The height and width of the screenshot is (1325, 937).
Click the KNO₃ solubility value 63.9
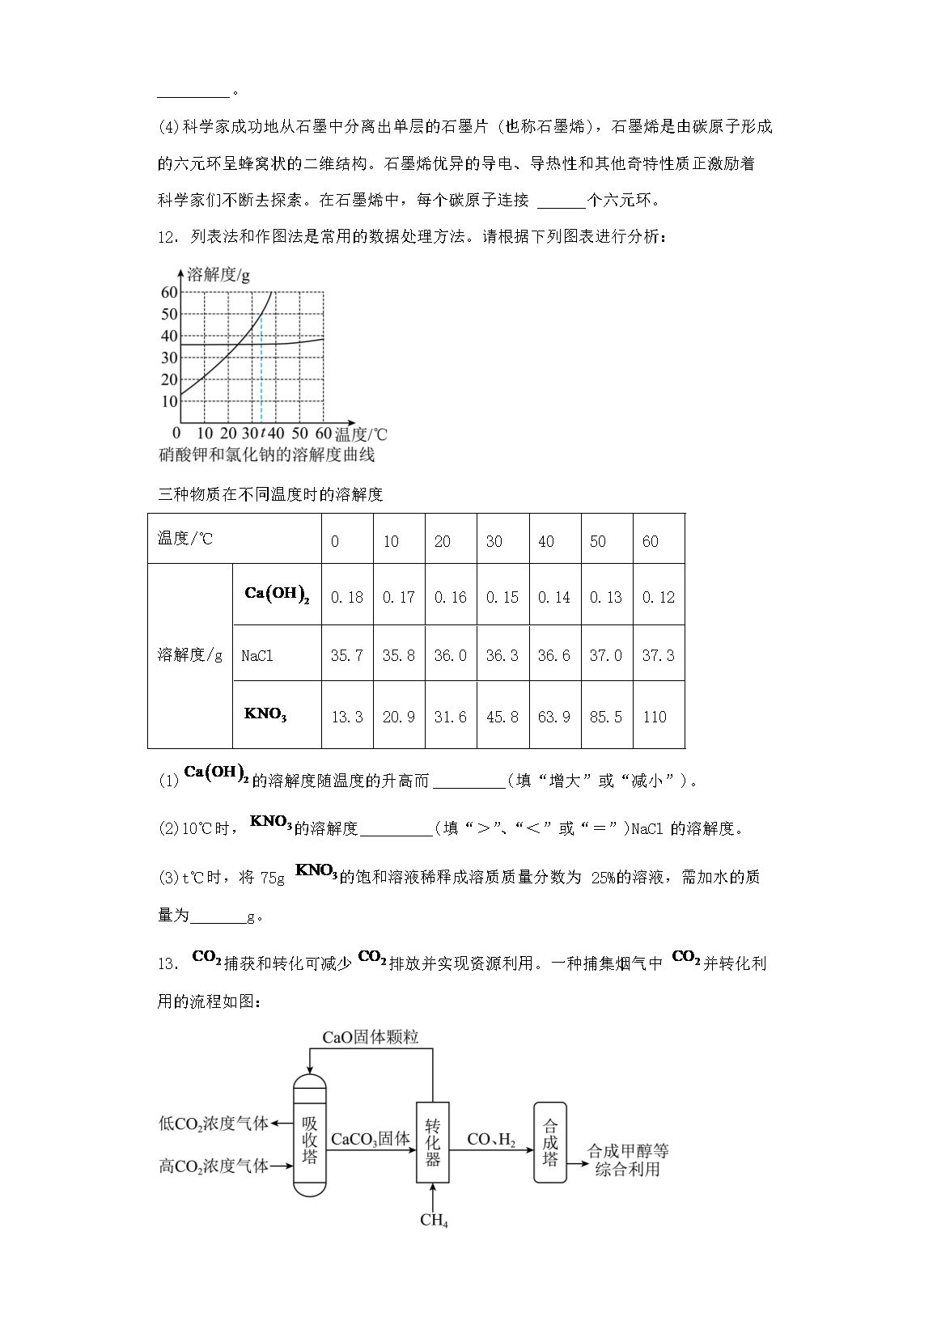tap(554, 717)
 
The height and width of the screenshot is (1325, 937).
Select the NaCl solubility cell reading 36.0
tap(451, 655)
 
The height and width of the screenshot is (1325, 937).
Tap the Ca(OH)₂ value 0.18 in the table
tap(347, 597)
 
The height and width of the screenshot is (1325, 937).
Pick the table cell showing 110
tap(655, 717)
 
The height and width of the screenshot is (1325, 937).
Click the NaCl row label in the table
tap(257, 655)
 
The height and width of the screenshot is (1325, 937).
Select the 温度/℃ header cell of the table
tap(185, 539)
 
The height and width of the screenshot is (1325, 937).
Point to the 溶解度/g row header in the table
tap(189, 654)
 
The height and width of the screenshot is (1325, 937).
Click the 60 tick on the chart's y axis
tap(169, 293)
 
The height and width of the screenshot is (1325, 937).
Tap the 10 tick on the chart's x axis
tap(205, 434)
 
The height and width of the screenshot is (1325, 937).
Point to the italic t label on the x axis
tap(262, 434)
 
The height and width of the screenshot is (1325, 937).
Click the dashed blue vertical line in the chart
tap(261, 372)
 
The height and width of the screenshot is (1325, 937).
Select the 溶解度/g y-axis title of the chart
tap(218, 275)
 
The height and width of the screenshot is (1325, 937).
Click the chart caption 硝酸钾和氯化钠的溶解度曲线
tap(267, 455)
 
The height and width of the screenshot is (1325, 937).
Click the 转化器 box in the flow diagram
tap(433, 1142)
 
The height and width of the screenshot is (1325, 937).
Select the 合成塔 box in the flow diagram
tap(550, 1142)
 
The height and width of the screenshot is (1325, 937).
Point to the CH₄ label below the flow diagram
tap(434, 1220)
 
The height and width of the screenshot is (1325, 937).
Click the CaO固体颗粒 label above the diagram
tap(371, 1037)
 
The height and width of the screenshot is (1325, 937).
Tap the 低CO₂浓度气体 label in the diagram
tap(214, 1124)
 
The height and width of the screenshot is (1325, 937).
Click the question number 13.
tap(167, 963)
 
